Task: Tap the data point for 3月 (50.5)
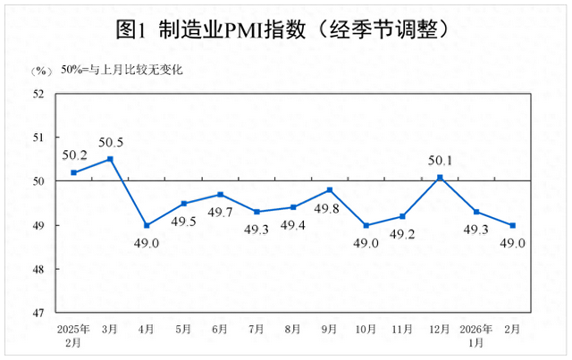(x=110, y=159)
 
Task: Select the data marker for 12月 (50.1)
(x=441, y=177)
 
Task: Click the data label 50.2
(x=74, y=155)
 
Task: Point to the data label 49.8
(x=331, y=211)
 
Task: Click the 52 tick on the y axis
(x=38, y=94)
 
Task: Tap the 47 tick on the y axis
(x=38, y=314)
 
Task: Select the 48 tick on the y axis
(x=38, y=270)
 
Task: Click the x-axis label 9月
(x=330, y=328)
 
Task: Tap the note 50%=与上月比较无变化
(x=121, y=70)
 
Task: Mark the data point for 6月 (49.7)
(x=220, y=194)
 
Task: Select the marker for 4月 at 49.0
(x=147, y=225)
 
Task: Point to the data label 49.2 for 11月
(x=404, y=237)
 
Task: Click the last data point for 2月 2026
(x=514, y=225)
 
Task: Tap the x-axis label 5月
(x=183, y=328)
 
